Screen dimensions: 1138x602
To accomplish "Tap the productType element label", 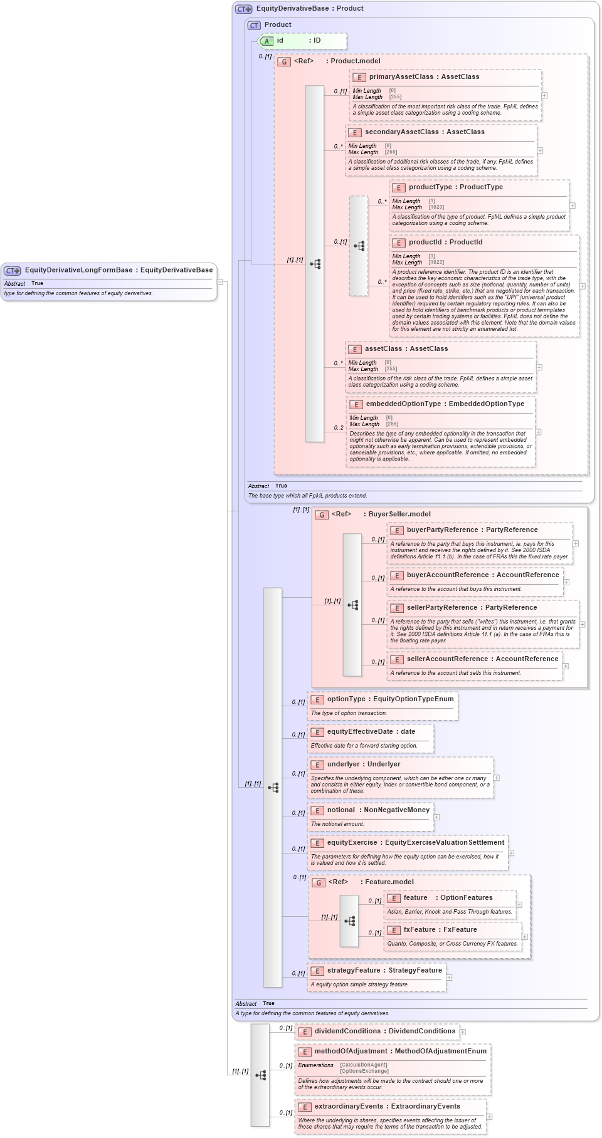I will click(x=430, y=187).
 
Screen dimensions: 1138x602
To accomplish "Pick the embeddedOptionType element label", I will click(x=403, y=404).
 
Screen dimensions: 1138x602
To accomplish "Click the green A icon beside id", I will click(x=267, y=41).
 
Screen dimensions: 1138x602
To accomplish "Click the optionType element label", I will click(x=346, y=699).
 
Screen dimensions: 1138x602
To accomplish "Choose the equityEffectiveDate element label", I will click(x=360, y=731).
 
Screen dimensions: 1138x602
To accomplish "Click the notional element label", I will click(x=341, y=810).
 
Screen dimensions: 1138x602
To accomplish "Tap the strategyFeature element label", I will click(x=354, y=970).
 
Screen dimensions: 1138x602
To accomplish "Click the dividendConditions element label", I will click(x=348, y=1031).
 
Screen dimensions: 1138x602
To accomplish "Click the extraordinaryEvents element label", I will click(x=349, y=1106).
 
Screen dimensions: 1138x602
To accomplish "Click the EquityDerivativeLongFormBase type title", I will click(x=78, y=270).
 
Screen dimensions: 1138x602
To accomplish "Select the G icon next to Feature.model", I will click(x=319, y=882).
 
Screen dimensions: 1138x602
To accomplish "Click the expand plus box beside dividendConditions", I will click(x=463, y=1031).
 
